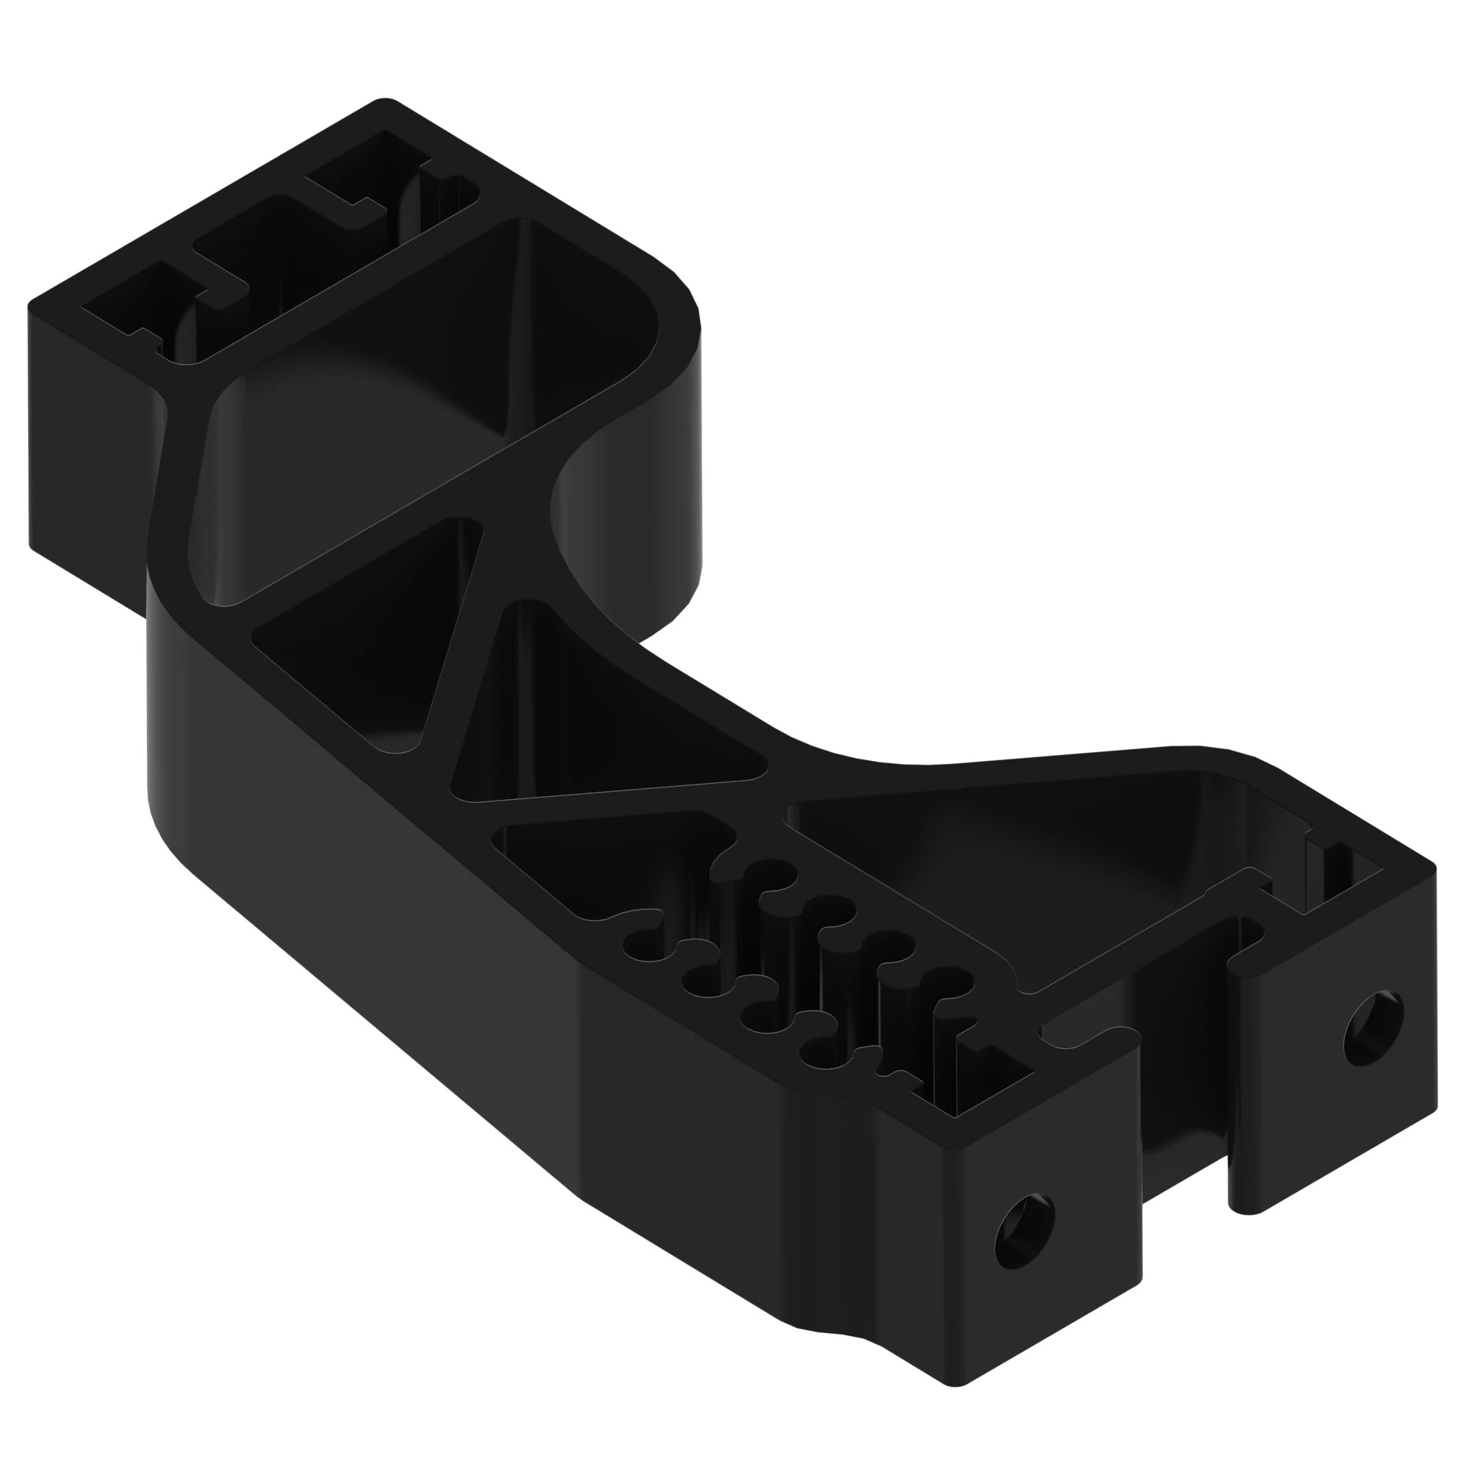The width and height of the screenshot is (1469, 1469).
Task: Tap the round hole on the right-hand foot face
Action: (x=1374, y=1029)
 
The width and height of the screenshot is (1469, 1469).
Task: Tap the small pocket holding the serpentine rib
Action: (x=608, y=859)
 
